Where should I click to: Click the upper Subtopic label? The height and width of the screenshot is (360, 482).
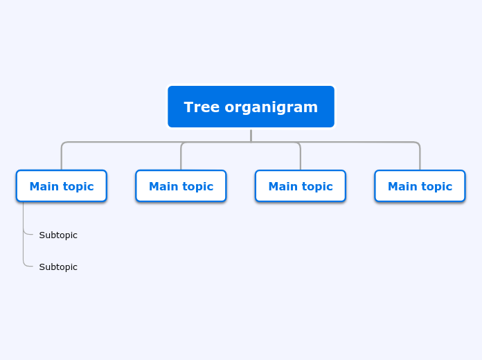pos(58,235)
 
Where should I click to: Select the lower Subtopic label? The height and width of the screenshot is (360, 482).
pos(58,267)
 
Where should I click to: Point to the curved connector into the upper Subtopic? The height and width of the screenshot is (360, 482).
pos(27,234)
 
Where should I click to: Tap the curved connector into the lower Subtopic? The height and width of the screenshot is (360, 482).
pos(27,266)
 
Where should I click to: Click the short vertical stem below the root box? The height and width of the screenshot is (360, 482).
pos(251,135)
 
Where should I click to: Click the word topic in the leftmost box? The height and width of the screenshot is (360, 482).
pos(78,186)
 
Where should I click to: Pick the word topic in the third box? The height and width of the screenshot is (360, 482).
pos(317,186)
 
